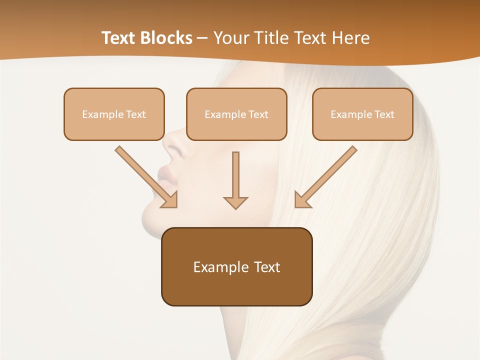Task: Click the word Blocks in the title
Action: (165, 38)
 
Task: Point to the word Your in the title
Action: (231, 38)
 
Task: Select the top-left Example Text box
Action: (114, 114)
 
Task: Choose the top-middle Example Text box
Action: (236, 114)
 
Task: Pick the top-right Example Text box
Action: (362, 114)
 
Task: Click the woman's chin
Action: (150, 220)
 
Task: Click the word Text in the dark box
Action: (267, 267)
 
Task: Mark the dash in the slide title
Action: (202, 38)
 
